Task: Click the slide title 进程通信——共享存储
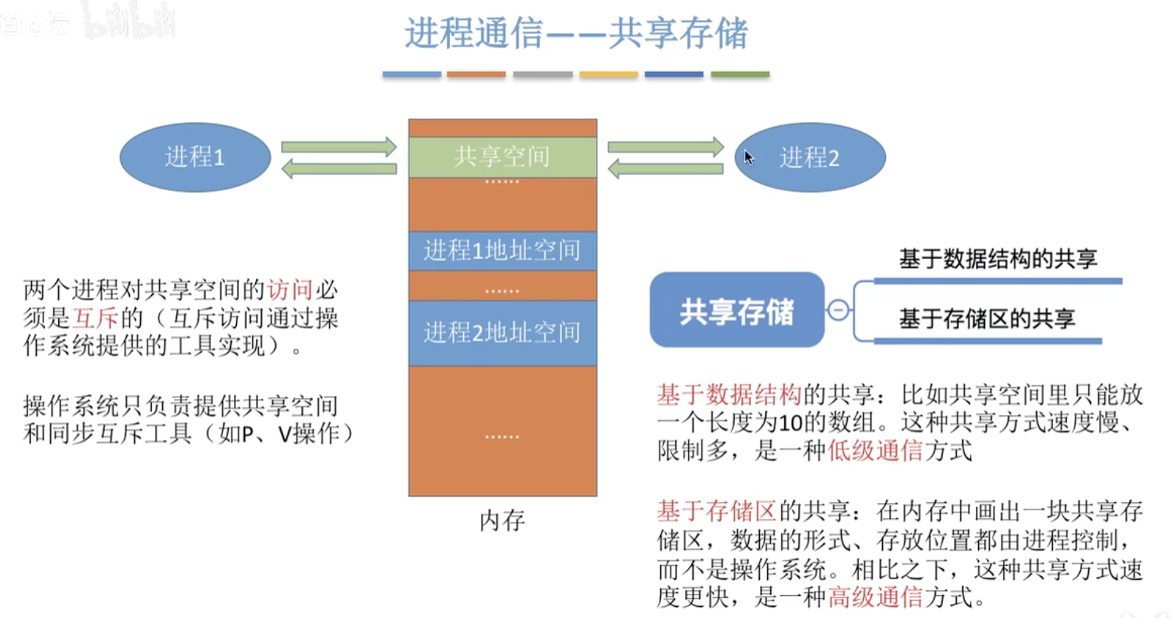pyautogui.click(x=575, y=33)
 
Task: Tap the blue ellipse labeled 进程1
pyautogui.click(x=195, y=157)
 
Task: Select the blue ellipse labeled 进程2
pyautogui.click(x=810, y=158)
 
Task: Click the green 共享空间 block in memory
pyautogui.click(x=502, y=156)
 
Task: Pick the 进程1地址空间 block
pyautogui.click(x=502, y=251)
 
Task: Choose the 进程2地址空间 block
pyautogui.click(x=502, y=333)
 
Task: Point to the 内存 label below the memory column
pyautogui.click(x=502, y=521)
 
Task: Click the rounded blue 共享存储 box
pyautogui.click(x=736, y=311)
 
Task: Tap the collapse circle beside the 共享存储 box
pyautogui.click(x=838, y=310)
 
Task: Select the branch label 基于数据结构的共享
pyautogui.click(x=997, y=259)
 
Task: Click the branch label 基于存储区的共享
pyautogui.click(x=987, y=319)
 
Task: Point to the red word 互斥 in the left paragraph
pyautogui.click(x=95, y=318)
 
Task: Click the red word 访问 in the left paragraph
pyautogui.click(x=290, y=290)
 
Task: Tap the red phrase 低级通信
pyautogui.click(x=875, y=450)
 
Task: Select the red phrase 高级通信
pyautogui.click(x=875, y=596)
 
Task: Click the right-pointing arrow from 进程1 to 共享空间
pyautogui.click(x=339, y=147)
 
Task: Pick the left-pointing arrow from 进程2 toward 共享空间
pyautogui.click(x=665, y=170)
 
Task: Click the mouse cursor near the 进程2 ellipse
pyautogui.click(x=749, y=157)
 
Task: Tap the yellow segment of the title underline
pyautogui.click(x=609, y=74)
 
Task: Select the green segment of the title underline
pyautogui.click(x=740, y=74)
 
